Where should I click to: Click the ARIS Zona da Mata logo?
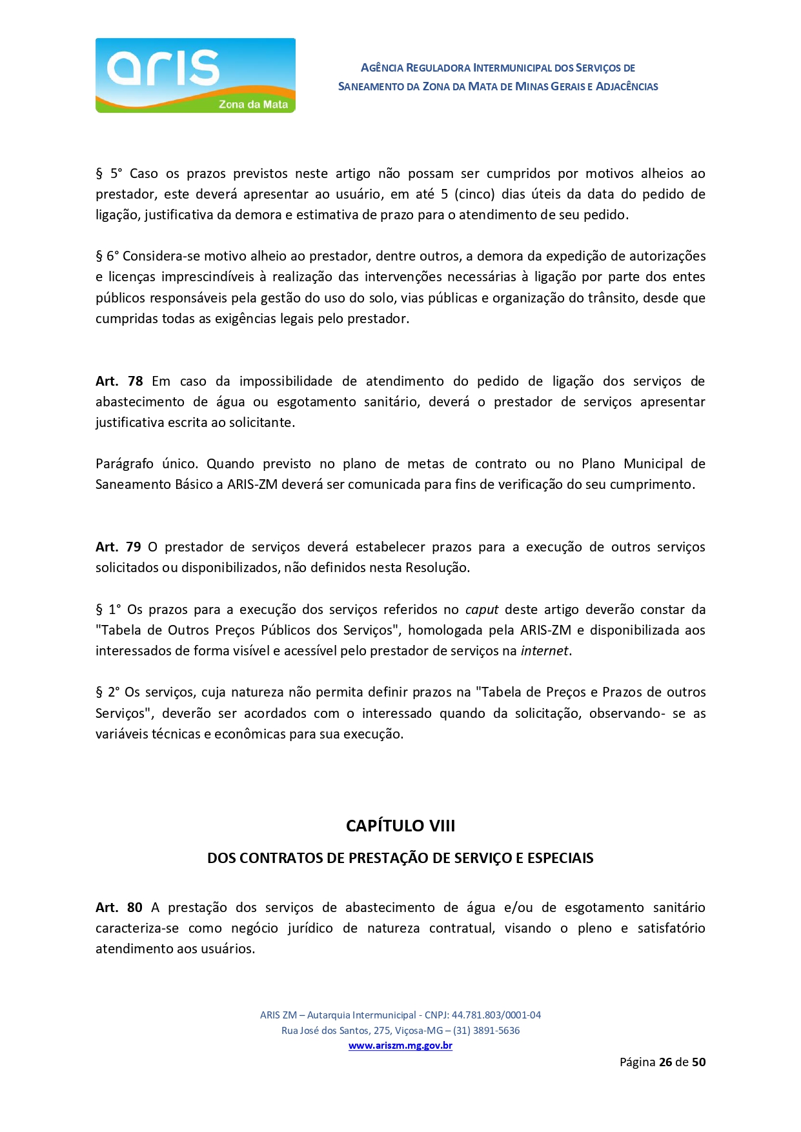pyautogui.click(x=195, y=75)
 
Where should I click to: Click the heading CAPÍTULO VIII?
pyautogui.click(x=400, y=826)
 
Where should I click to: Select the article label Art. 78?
pyautogui.click(x=119, y=381)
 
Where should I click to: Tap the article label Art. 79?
pyautogui.click(x=118, y=547)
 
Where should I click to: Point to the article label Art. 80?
pyautogui.click(x=119, y=908)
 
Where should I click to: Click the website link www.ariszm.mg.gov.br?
pyautogui.click(x=400, y=1046)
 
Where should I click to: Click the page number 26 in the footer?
pyautogui.click(x=665, y=1062)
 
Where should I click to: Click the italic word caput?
pyautogui.click(x=482, y=610)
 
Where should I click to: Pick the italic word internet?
pyautogui.click(x=544, y=651)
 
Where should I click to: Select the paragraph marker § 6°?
pyautogui.click(x=107, y=256)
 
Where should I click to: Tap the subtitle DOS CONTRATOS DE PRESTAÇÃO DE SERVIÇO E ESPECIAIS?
pyautogui.click(x=400, y=858)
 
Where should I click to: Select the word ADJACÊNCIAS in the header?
pyautogui.click(x=626, y=86)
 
